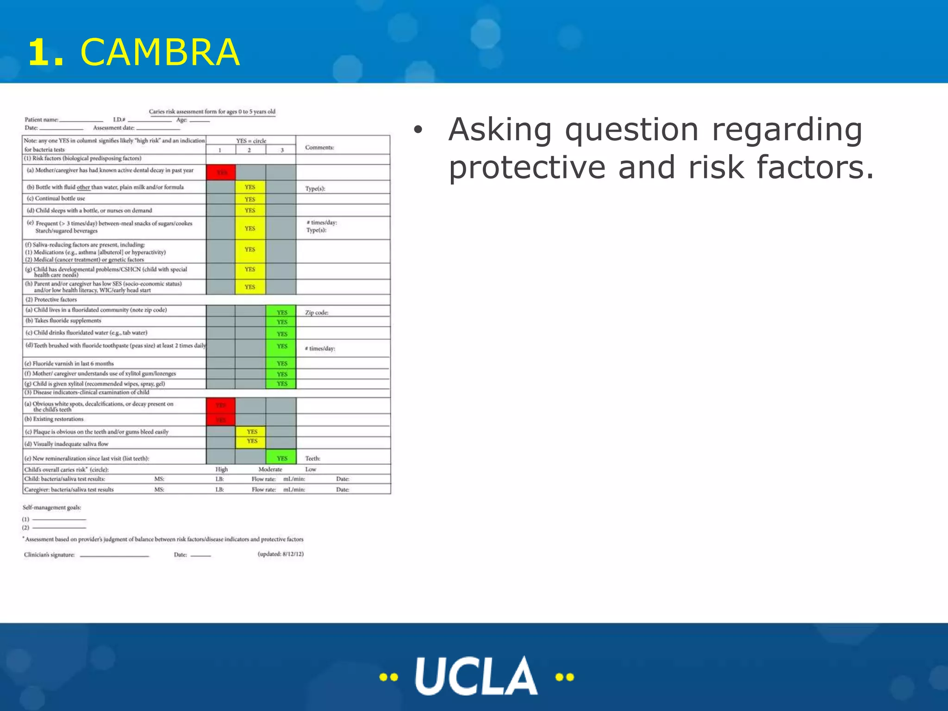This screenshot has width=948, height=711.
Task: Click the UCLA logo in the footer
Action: [476, 676]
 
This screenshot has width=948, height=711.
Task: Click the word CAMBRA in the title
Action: [160, 52]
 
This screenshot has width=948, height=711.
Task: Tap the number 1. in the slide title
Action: [45, 52]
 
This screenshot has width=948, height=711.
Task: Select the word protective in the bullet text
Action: [527, 167]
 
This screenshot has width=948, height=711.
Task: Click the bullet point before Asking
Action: [418, 131]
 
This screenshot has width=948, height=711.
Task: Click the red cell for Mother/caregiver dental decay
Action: [221, 172]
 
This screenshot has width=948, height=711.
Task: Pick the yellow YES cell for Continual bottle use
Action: [250, 199]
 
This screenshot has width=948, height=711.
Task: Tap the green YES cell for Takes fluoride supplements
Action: [281, 322]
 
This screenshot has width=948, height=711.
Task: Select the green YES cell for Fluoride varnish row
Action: [281, 363]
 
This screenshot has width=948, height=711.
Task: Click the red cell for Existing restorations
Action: [221, 420]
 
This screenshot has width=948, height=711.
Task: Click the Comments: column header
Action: [319, 147]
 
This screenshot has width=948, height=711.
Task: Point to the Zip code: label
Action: [317, 312]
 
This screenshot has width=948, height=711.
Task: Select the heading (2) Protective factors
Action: [51, 299]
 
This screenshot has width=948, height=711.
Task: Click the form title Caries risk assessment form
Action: [212, 112]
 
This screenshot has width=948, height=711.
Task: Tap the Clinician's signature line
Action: [114, 555]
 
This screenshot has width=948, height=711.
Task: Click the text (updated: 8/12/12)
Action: [281, 554]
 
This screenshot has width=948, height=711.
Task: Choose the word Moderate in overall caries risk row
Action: [270, 469]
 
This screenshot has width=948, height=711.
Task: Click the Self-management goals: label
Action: [52, 507]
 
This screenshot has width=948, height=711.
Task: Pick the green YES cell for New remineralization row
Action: [281, 458]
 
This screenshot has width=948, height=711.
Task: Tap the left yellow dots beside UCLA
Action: [388, 677]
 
